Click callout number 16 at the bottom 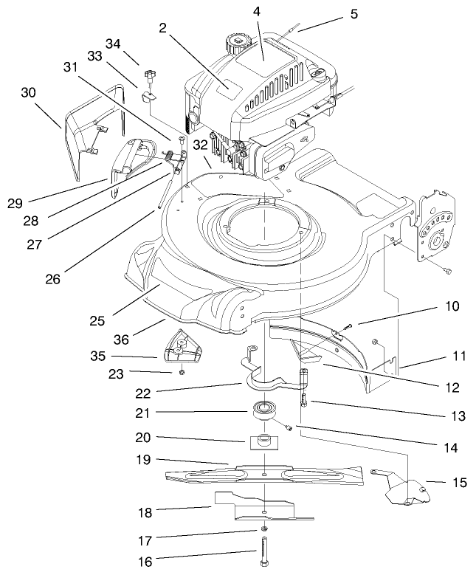pyautogui.click(x=145, y=562)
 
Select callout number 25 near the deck pyautogui.click(x=97, y=320)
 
